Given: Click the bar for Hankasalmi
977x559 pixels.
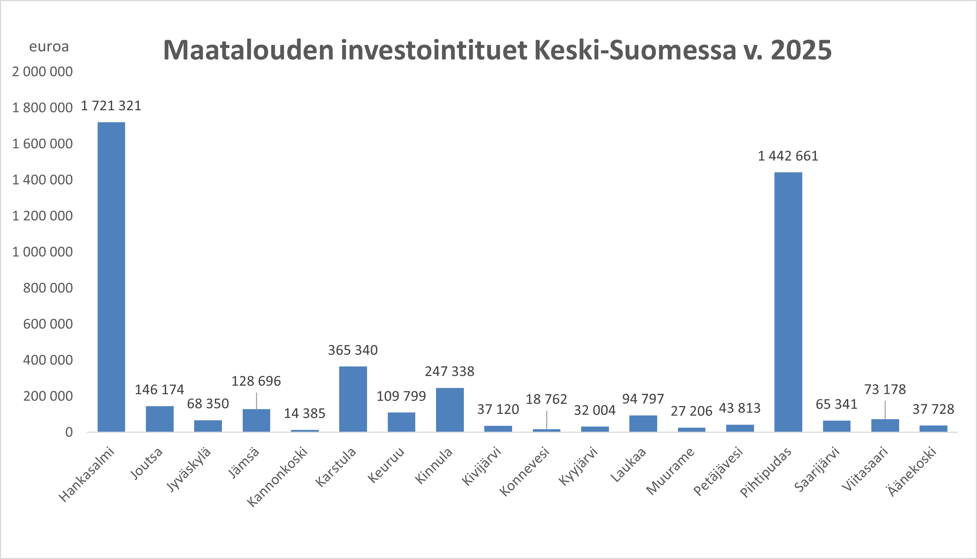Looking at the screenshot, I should click(x=111, y=277).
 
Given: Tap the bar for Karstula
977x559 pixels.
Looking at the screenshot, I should click(x=353, y=399).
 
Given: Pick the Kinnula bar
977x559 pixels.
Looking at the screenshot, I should click(x=449, y=410).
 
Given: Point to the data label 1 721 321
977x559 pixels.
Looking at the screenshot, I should click(x=111, y=105).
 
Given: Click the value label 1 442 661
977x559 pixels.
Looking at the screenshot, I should click(x=788, y=156).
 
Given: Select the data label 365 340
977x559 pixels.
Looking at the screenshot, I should click(x=353, y=350).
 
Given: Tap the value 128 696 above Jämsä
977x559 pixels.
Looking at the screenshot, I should click(x=256, y=381).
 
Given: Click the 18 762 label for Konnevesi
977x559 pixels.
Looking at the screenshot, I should click(x=546, y=399).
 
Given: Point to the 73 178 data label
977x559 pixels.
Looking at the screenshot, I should click(x=885, y=389).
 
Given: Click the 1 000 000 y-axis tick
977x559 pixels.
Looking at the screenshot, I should click(x=42, y=252).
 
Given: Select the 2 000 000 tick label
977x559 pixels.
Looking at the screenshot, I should click(x=42, y=72).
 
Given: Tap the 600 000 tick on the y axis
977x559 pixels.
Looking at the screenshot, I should click(x=47, y=324).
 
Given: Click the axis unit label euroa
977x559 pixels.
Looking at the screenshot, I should click(x=49, y=47).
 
